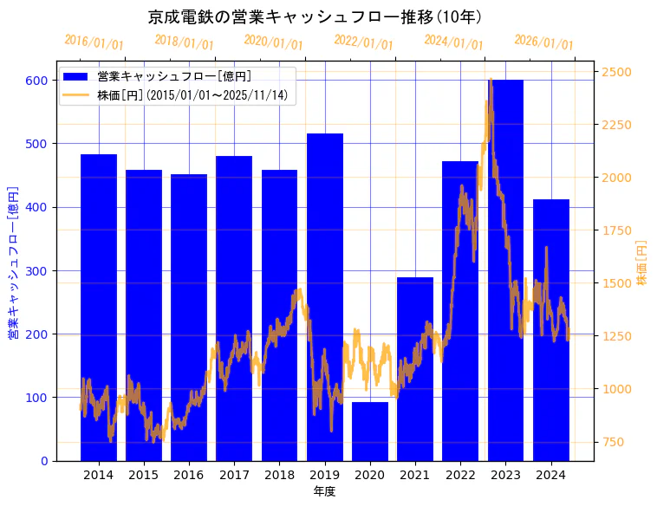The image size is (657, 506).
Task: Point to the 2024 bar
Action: [x=551, y=330]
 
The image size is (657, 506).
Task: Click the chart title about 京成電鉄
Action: [x=315, y=16]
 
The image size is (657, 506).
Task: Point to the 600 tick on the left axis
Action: [x=36, y=81]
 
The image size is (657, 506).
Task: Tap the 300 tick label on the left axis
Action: [x=36, y=270]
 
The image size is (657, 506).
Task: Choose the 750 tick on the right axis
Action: [x=615, y=442]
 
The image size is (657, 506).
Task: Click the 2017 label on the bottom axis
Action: [x=234, y=475]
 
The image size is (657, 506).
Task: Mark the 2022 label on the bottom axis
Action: [x=460, y=475]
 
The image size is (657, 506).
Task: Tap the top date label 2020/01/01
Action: [x=274, y=42]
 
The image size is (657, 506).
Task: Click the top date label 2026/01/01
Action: [x=544, y=42]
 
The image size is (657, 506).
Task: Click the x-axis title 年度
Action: [x=324, y=491]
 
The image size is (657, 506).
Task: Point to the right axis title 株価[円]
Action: [x=642, y=263]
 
